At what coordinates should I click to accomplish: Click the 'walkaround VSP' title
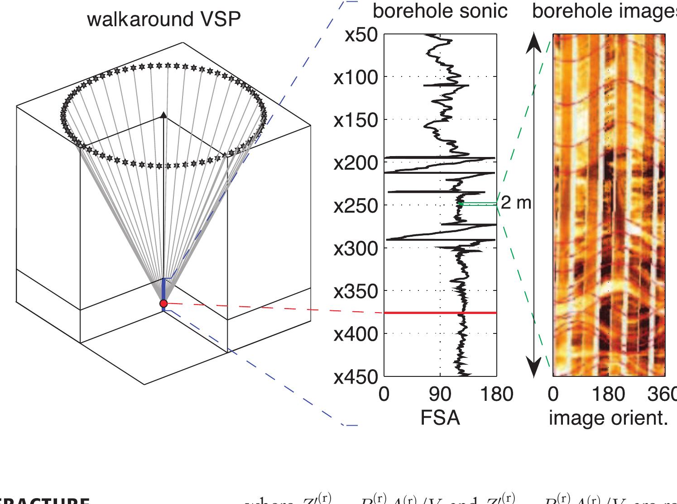point(163,19)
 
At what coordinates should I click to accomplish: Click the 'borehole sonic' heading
point(440,11)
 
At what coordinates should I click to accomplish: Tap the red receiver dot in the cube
point(163,303)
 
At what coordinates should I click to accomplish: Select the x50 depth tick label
point(361,35)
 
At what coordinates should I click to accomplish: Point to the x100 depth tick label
point(356,78)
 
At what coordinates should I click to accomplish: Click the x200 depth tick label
point(356,163)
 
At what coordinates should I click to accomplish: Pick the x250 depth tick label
point(356,206)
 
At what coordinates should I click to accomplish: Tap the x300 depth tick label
point(356,248)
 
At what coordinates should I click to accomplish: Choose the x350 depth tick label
point(356,291)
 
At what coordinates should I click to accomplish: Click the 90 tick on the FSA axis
point(440,395)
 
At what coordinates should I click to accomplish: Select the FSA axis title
point(440,418)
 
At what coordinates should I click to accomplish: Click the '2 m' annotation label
point(516,203)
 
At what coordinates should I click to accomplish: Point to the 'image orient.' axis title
point(608,418)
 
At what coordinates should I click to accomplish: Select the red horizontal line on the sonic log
point(440,313)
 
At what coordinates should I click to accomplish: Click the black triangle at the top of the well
point(163,115)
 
